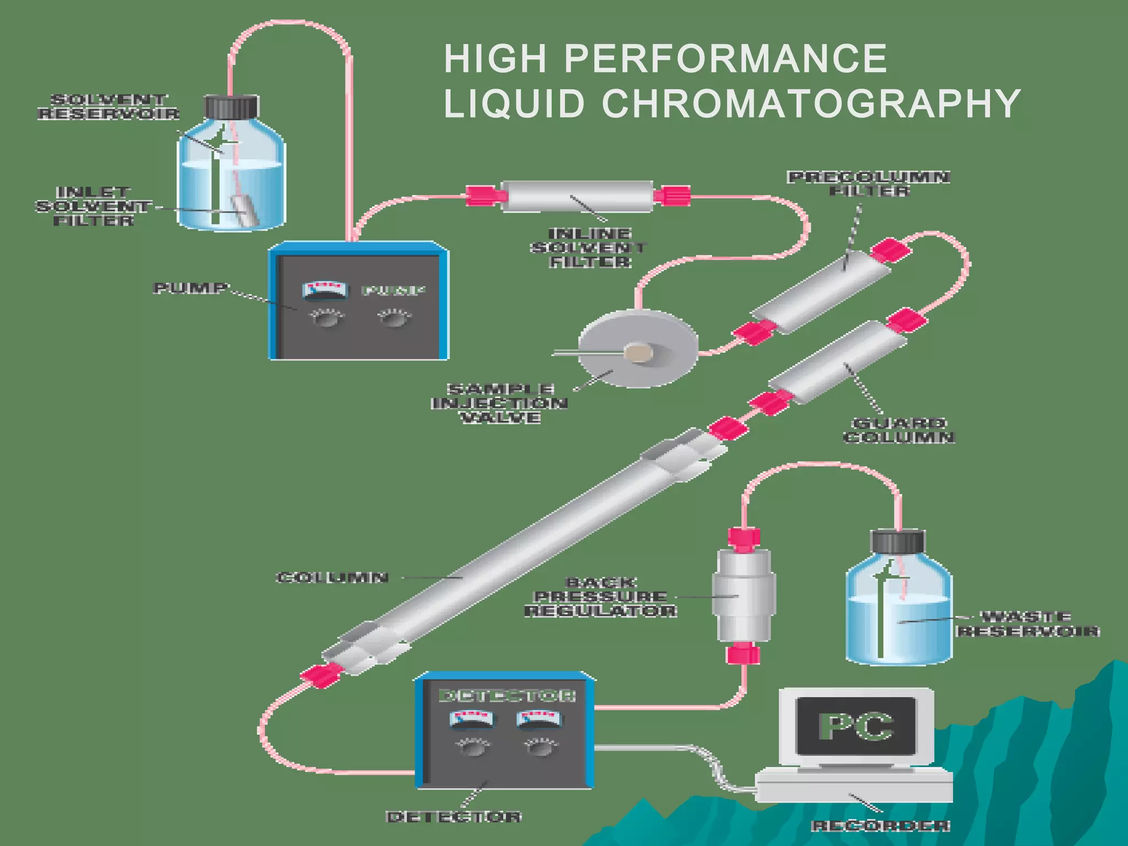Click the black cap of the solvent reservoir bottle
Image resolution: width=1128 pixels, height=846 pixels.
pyautogui.click(x=231, y=107)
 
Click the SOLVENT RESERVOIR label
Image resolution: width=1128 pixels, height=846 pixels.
pyautogui.click(x=109, y=107)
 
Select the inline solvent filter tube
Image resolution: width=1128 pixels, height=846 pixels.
pyautogui.click(x=577, y=196)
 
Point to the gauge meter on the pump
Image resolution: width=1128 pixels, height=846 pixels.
pyautogui.click(x=326, y=290)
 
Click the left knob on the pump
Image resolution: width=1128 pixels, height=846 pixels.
pyautogui.click(x=327, y=318)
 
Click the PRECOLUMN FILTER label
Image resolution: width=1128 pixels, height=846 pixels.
pyautogui.click(x=869, y=184)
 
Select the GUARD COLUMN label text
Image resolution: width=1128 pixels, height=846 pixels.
pyautogui.click(x=899, y=430)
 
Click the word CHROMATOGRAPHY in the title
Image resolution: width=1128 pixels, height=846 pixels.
pyautogui.click(x=811, y=104)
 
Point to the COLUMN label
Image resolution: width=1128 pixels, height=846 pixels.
pyautogui.click(x=333, y=577)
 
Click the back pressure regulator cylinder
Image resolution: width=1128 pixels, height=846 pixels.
pyautogui.click(x=744, y=596)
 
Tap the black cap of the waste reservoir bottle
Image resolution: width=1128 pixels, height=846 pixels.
pyautogui.click(x=897, y=541)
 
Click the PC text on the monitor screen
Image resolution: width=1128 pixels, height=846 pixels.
pyautogui.click(x=856, y=726)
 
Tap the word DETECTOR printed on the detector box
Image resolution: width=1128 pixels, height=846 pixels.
pyautogui.click(x=507, y=696)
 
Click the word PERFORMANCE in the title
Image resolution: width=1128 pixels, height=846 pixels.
pyautogui.click(x=725, y=58)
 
